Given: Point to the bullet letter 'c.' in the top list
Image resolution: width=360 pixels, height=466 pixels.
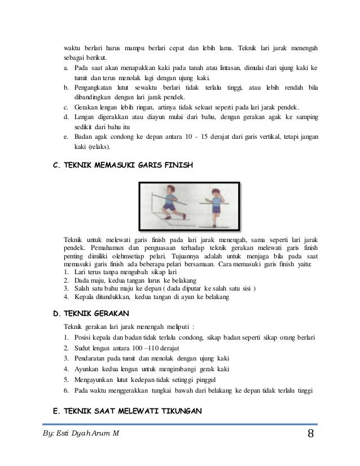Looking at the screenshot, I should point(66,107).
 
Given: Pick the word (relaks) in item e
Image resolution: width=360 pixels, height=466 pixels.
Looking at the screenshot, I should point(97,148).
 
